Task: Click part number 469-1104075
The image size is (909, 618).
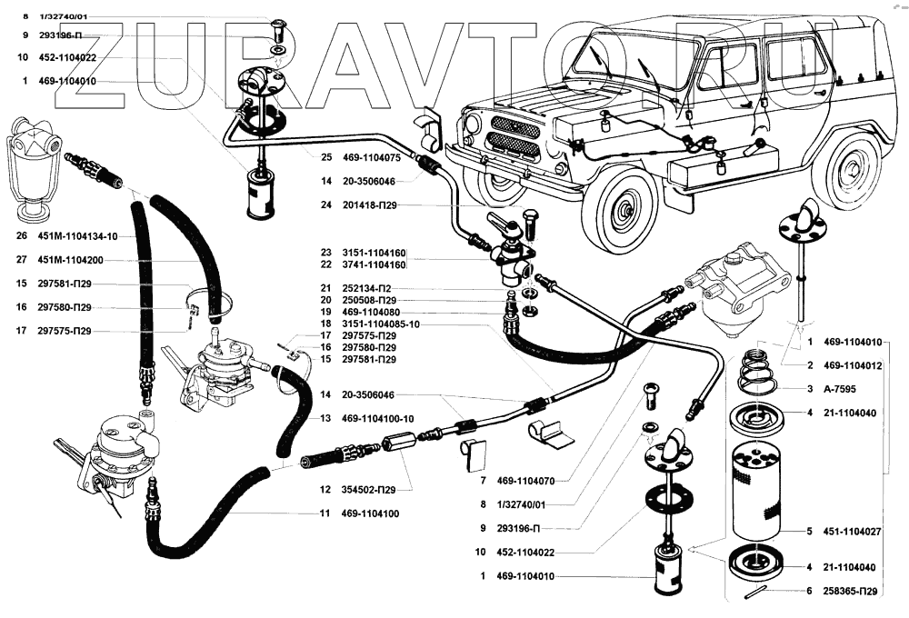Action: point(371,158)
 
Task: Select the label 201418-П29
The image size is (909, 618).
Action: point(369,205)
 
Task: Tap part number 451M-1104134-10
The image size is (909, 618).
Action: point(77,236)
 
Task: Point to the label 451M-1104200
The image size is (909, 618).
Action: point(70,260)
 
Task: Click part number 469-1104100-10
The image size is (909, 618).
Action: point(378,419)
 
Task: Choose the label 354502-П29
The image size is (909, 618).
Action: point(368,490)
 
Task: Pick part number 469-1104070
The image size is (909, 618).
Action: point(525,481)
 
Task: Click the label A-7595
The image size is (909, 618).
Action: point(839,389)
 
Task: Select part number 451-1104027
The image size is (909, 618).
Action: point(853,532)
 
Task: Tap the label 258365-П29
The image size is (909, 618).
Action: point(850,592)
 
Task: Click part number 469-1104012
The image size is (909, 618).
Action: point(853,365)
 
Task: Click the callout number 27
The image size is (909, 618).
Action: point(22,260)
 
